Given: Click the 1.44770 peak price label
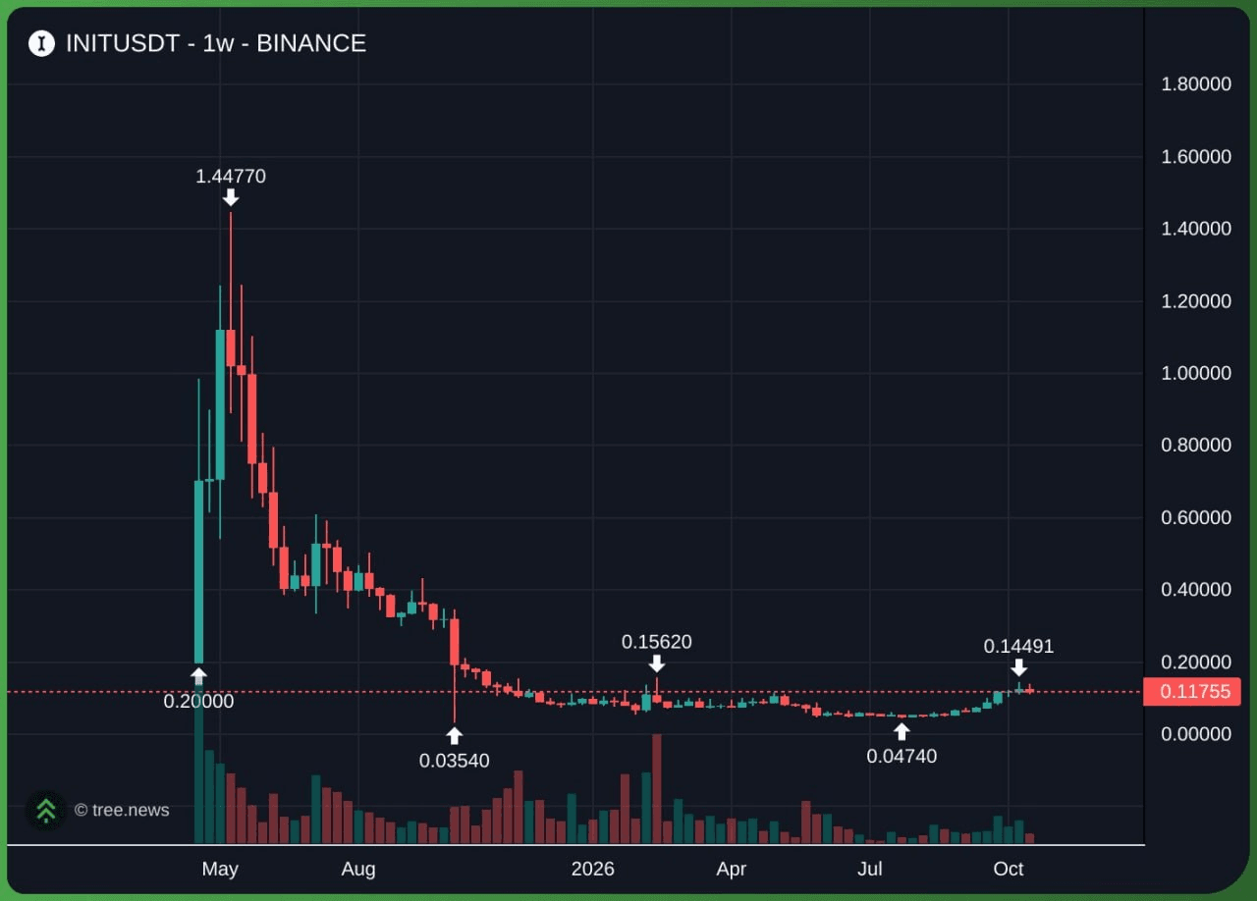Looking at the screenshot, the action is pyautogui.click(x=231, y=177).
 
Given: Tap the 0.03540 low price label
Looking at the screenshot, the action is pyautogui.click(x=454, y=761).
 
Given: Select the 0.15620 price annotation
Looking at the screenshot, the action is pyautogui.click(x=657, y=642).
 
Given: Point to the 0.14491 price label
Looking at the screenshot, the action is pyautogui.click(x=1018, y=646).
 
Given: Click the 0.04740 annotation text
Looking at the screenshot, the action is pyautogui.click(x=902, y=757).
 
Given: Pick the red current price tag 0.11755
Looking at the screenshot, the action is pyautogui.click(x=1192, y=691).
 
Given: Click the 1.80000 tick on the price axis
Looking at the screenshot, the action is pyautogui.click(x=1196, y=84).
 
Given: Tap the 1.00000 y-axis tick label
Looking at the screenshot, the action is pyautogui.click(x=1196, y=373).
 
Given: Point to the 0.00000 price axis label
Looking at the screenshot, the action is pyautogui.click(x=1196, y=734).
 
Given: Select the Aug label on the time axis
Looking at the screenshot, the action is pyautogui.click(x=358, y=869).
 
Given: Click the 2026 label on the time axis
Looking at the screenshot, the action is pyautogui.click(x=592, y=869).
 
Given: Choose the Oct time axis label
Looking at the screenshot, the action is pyautogui.click(x=1008, y=869).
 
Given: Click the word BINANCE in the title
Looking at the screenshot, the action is pyautogui.click(x=311, y=43).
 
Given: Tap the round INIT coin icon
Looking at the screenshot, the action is pyautogui.click(x=41, y=43).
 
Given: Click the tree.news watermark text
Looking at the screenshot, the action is pyautogui.click(x=122, y=810).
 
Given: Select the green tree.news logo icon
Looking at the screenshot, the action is pyautogui.click(x=46, y=810).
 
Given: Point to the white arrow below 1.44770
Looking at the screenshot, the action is pyautogui.click(x=231, y=197).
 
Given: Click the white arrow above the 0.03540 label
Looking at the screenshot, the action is pyautogui.click(x=454, y=735).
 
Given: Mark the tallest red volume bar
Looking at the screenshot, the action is pyautogui.click(x=657, y=788).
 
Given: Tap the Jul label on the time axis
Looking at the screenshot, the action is pyautogui.click(x=870, y=869).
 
